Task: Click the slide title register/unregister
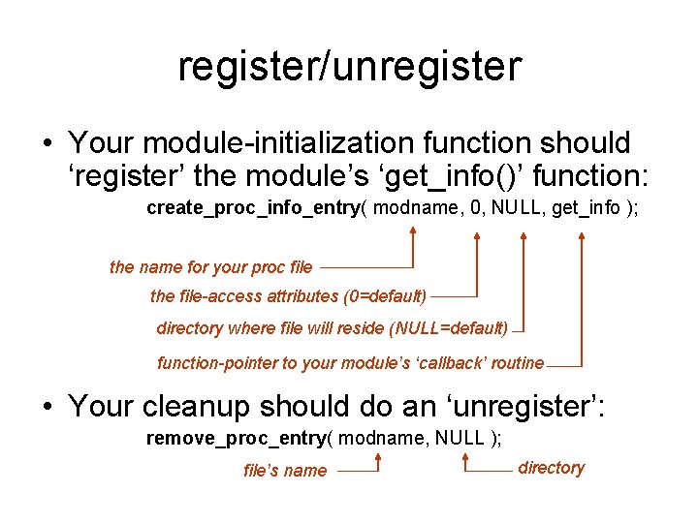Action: [x=349, y=67]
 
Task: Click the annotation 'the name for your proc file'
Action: [x=211, y=267]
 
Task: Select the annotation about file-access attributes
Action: [x=288, y=295]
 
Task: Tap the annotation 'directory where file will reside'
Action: [x=332, y=328]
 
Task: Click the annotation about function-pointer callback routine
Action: [x=351, y=363]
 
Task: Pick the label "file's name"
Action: [x=285, y=471]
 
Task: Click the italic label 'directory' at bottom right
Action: [x=551, y=468]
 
